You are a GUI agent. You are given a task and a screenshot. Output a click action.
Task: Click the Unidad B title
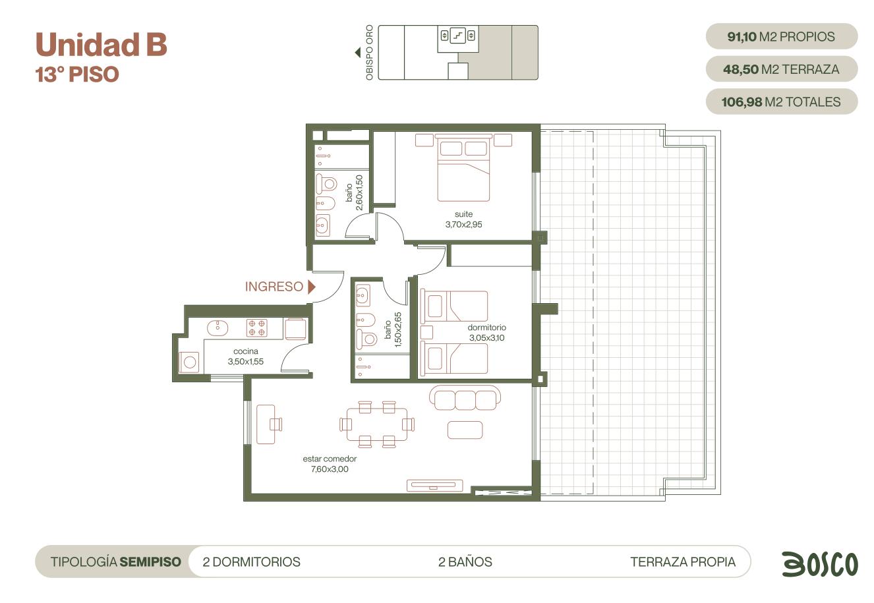tap(102, 44)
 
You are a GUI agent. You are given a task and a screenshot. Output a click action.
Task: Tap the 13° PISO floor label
tap(77, 74)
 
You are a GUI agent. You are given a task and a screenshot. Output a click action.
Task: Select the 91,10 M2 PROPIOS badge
tap(782, 36)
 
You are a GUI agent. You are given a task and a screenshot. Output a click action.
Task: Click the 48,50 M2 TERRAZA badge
tap(782, 69)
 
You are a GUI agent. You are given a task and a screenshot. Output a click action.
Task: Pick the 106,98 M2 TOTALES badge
tap(782, 101)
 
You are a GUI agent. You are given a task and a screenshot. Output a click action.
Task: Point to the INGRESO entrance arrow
tap(311, 287)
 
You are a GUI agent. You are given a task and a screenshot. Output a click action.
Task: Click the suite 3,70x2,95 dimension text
tap(463, 225)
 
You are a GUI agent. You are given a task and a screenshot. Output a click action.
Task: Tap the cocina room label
tap(245, 351)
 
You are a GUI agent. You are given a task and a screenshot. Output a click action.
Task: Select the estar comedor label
tap(330, 459)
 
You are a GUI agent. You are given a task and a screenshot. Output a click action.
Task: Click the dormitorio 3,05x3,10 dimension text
tap(486, 338)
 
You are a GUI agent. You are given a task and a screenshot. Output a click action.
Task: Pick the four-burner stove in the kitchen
tap(257, 328)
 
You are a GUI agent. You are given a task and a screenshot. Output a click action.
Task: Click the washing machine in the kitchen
tap(189, 362)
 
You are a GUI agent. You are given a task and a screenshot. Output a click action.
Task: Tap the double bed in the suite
tap(463, 167)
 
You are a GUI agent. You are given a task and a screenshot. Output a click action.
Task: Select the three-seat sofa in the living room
tap(465, 397)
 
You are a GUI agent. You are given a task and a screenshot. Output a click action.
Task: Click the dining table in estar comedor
tap(377, 424)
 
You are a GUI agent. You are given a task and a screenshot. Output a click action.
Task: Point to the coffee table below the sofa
tap(465, 430)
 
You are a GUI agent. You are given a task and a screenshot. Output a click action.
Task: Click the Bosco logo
tap(820, 564)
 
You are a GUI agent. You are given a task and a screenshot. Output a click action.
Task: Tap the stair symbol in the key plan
tap(457, 36)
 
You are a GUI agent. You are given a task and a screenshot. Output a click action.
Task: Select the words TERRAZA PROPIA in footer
tap(683, 562)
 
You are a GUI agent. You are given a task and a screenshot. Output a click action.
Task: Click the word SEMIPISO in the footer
tap(150, 562)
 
